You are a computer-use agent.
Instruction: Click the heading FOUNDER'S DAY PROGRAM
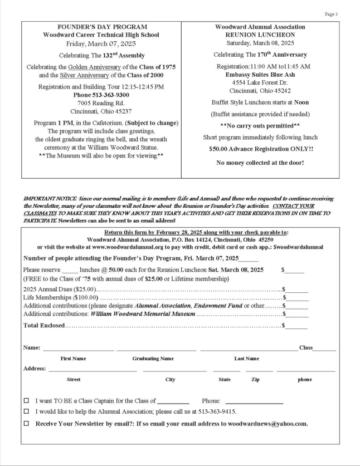point(103,27)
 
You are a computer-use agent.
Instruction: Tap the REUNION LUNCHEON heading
point(260,35)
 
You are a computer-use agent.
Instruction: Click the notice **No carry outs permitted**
point(260,126)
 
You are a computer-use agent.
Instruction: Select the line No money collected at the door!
point(260,163)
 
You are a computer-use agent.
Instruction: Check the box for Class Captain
point(26,400)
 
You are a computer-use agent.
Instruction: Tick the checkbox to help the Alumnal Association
point(26,412)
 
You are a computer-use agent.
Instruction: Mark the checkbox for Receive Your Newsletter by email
point(26,424)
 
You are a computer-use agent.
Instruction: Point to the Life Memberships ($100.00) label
point(53,298)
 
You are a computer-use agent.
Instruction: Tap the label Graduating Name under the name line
point(153,359)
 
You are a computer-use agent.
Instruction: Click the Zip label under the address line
point(255,380)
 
